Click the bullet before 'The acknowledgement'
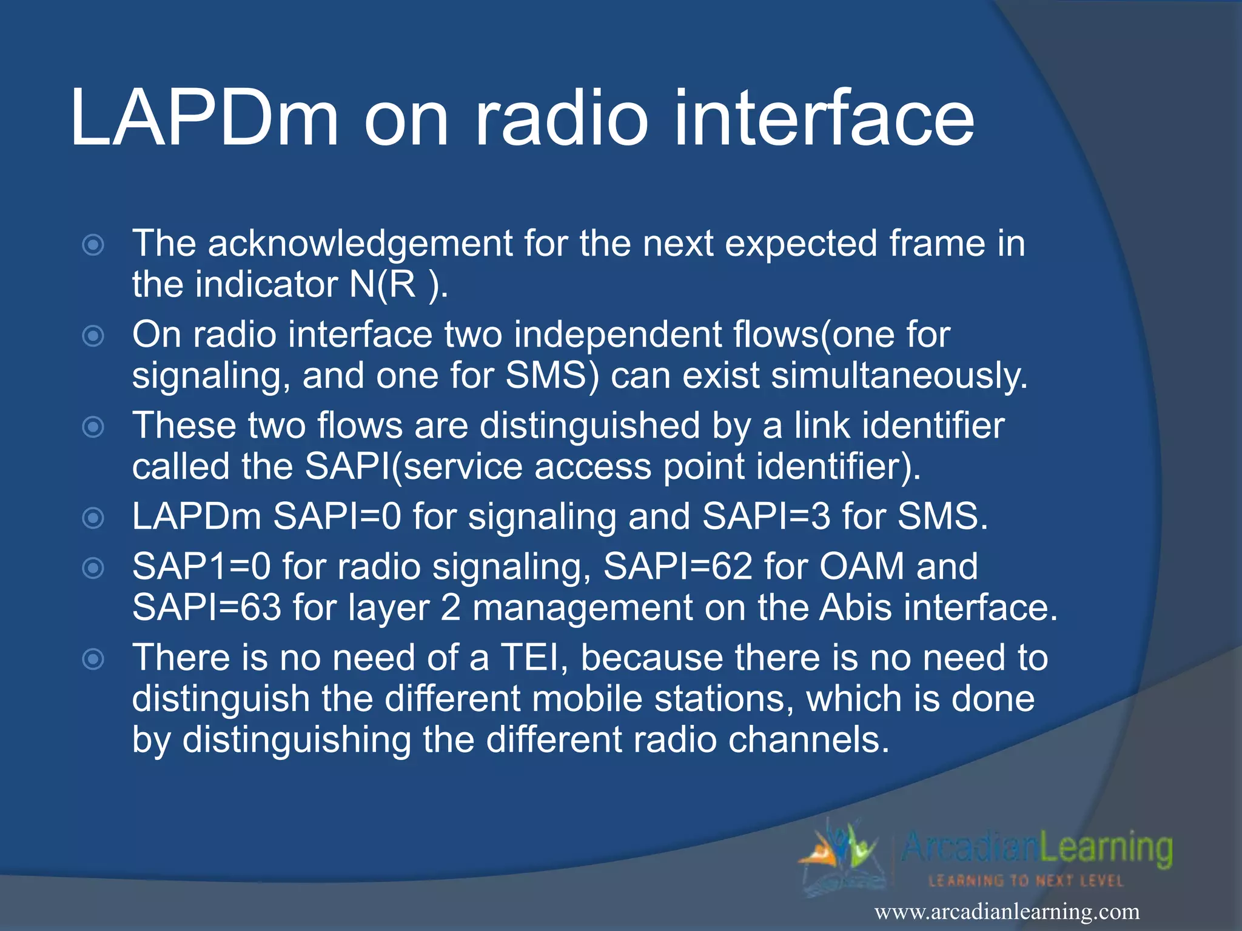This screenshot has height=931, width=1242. pyautogui.click(x=93, y=245)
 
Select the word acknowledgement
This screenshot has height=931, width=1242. pyautogui.click(x=360, y=244)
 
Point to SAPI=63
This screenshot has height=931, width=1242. pyautogui.click(x=207, y=608)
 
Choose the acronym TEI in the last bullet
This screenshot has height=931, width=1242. pyautogui.click(x=533, y=658)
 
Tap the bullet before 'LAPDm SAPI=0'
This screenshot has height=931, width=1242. pyautogui.click(x=93, y=518)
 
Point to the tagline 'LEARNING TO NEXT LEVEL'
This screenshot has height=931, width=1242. pyautogui.click(x=1026, y=881)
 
